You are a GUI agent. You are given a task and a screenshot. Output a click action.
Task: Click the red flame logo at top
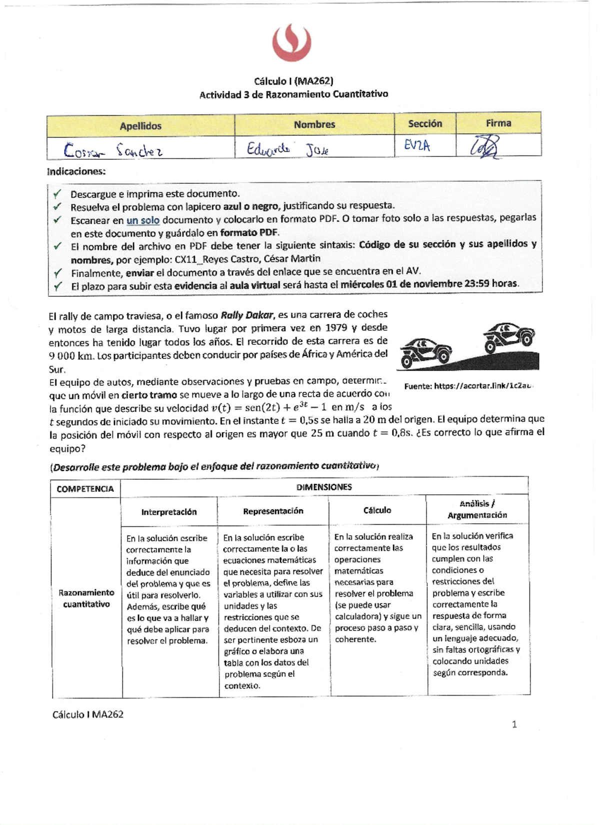pyautogui.click(x=292, y=43)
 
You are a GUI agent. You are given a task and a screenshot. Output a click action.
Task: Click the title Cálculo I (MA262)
pyautogui.click(x=293, y=81)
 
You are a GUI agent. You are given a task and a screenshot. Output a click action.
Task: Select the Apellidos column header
pyautogui.click(x=140, y=126)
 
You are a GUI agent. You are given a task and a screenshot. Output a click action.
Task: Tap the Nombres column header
pyautogui.click(x=314, y=124)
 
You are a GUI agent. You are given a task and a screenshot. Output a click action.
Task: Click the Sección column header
pyautogui.click(x=425, y=123)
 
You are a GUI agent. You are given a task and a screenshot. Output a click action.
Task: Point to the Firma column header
pyautogui.click(x=498, y=123)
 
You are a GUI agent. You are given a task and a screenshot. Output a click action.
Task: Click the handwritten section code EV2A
pyautogui.click(x=417, y=146)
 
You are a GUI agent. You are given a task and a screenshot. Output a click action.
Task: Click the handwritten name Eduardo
pyautogui.click(x=268, y=149)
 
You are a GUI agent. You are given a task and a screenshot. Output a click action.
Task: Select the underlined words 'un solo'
pyautogui.click(x=143, y=220)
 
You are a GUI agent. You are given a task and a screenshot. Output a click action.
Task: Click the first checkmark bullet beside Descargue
pyautogui.click(x=57, y=193)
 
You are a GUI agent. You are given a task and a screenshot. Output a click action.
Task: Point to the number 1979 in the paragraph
pyautogui.click(x=336, y=328)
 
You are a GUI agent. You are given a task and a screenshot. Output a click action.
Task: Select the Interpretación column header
pyautogui.click(x=169, y=512)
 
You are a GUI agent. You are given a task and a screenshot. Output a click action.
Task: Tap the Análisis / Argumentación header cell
pyautogui.click(x=477, y=509)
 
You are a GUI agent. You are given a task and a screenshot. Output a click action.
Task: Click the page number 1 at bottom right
pyautogui.click(x=514, y=725)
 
